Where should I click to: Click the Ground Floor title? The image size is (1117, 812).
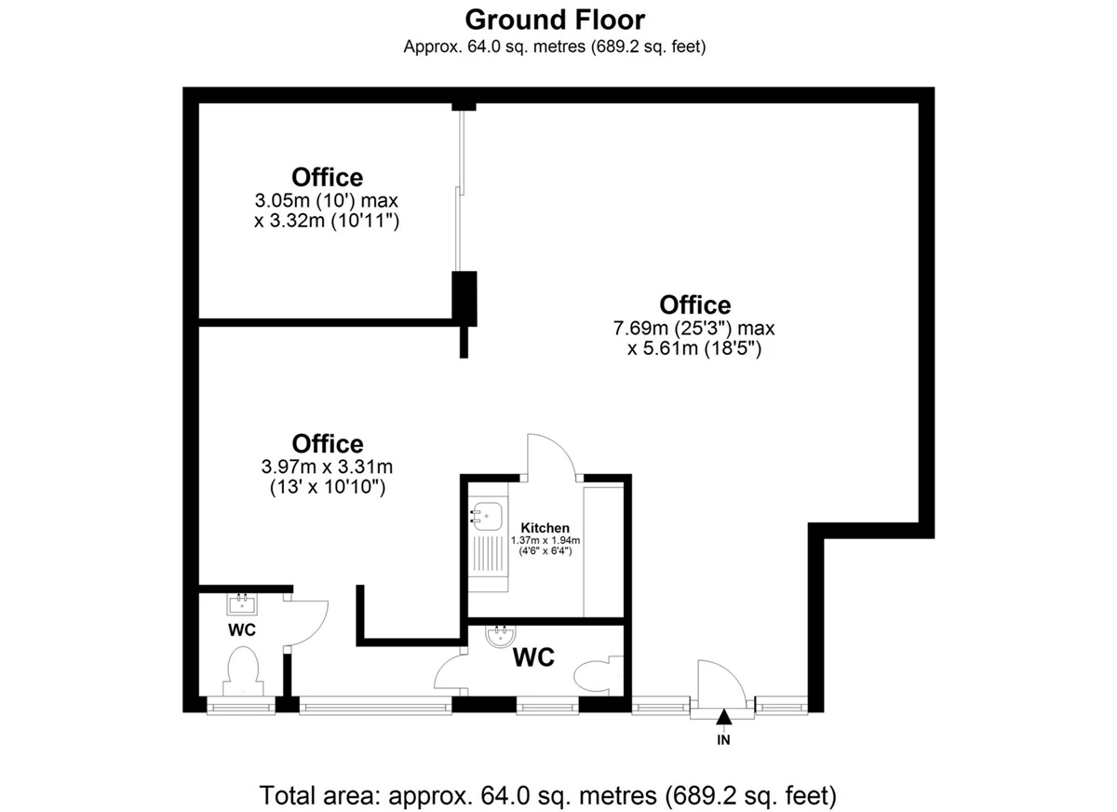(x=555, y=20)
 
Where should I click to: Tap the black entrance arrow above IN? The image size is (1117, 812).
(x=723, y=717)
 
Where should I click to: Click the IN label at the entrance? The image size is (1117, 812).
(x=723, y=740)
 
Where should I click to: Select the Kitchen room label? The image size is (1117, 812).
(x=545, y=528)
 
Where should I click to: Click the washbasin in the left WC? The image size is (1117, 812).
(x=242, y=604)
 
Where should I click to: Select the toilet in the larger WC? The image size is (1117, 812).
(x=599, y=675)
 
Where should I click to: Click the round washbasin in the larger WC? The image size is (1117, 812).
(x=500, y=636)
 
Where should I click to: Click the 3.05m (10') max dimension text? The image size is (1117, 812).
(x=327, y=200)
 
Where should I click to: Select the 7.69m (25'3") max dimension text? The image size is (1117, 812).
(x=694, y=328)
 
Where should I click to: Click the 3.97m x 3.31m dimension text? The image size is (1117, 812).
(x=327, y=467)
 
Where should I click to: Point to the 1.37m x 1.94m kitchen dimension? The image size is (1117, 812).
(x=545, y=540)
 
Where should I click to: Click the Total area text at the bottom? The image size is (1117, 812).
(x=547, y=795)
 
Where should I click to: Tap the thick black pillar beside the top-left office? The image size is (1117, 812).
(x=464, y=299)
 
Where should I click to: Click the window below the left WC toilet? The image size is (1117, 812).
(x=241, y=706)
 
